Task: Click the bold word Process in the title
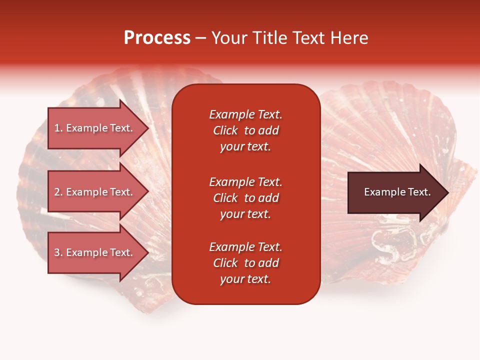[157, 38]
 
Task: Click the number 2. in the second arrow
[58, 192]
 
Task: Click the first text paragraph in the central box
[245, 130]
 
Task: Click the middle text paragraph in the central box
[245, 197]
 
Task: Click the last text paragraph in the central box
[245, 263]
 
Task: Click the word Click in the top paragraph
[225, 130]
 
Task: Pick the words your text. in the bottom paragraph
[245, 279]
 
